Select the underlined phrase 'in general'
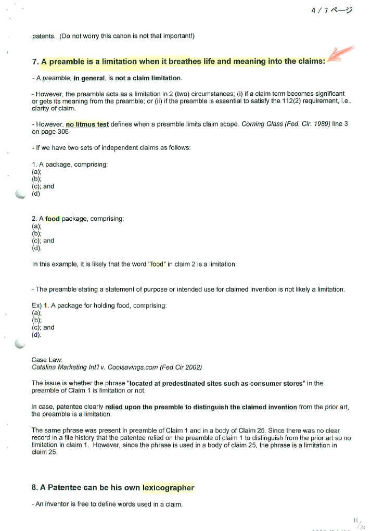coord(89,78)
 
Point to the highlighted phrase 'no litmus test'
coord(87,124)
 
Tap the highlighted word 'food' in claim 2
coord(53,219)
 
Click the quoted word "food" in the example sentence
coord(157,264)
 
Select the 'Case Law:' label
coord(47,360)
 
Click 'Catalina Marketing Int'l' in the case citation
coord(66,367)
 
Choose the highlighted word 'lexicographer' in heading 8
coord(168,488)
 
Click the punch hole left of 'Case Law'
coord(20,343)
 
